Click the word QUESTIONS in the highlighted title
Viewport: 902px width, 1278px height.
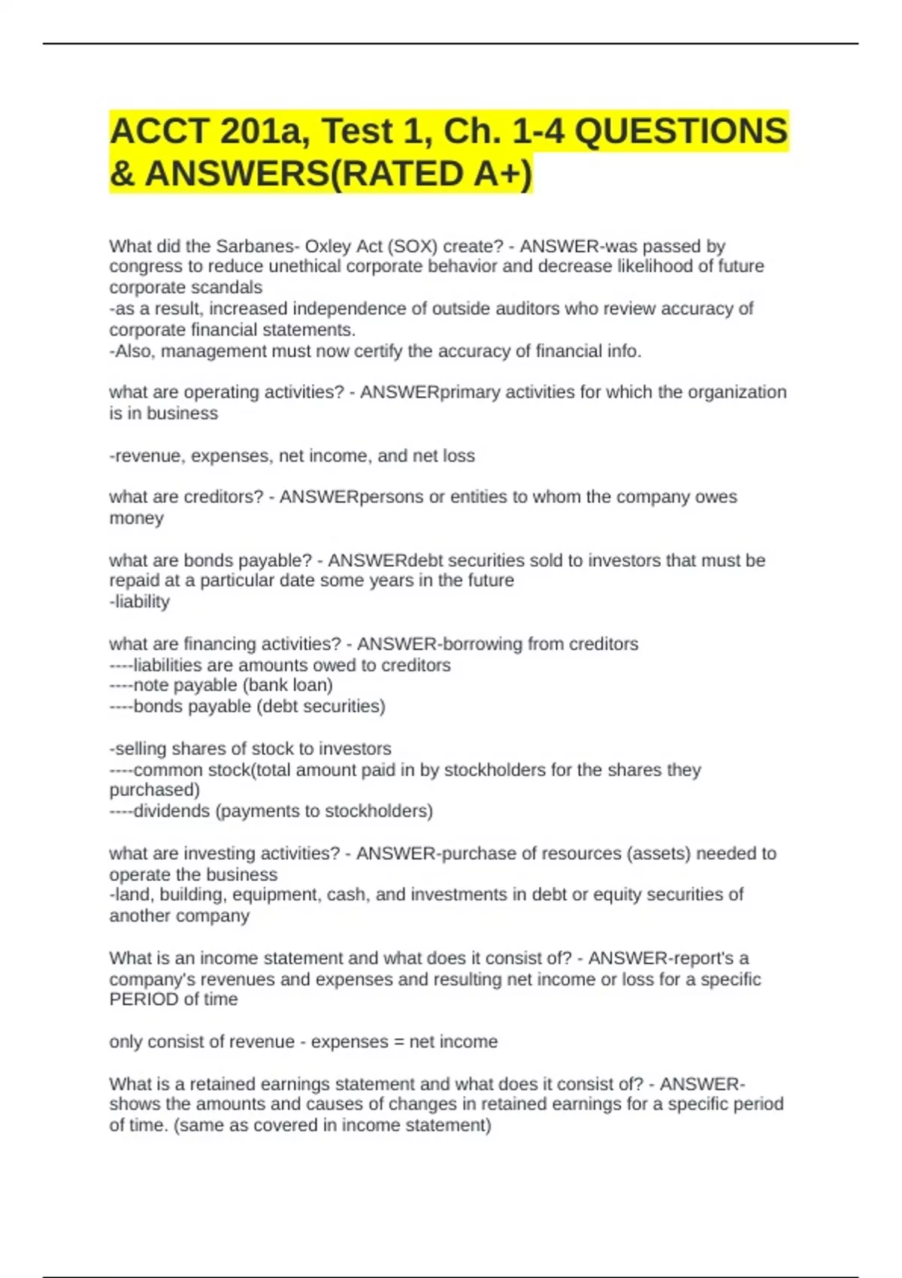[x=681, y=131]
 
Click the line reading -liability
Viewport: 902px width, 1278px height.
[x=140, y=601]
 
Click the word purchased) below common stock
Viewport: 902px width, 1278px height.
[x=155, y=790]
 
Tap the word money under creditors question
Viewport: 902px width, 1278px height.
[x=136, y=518]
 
